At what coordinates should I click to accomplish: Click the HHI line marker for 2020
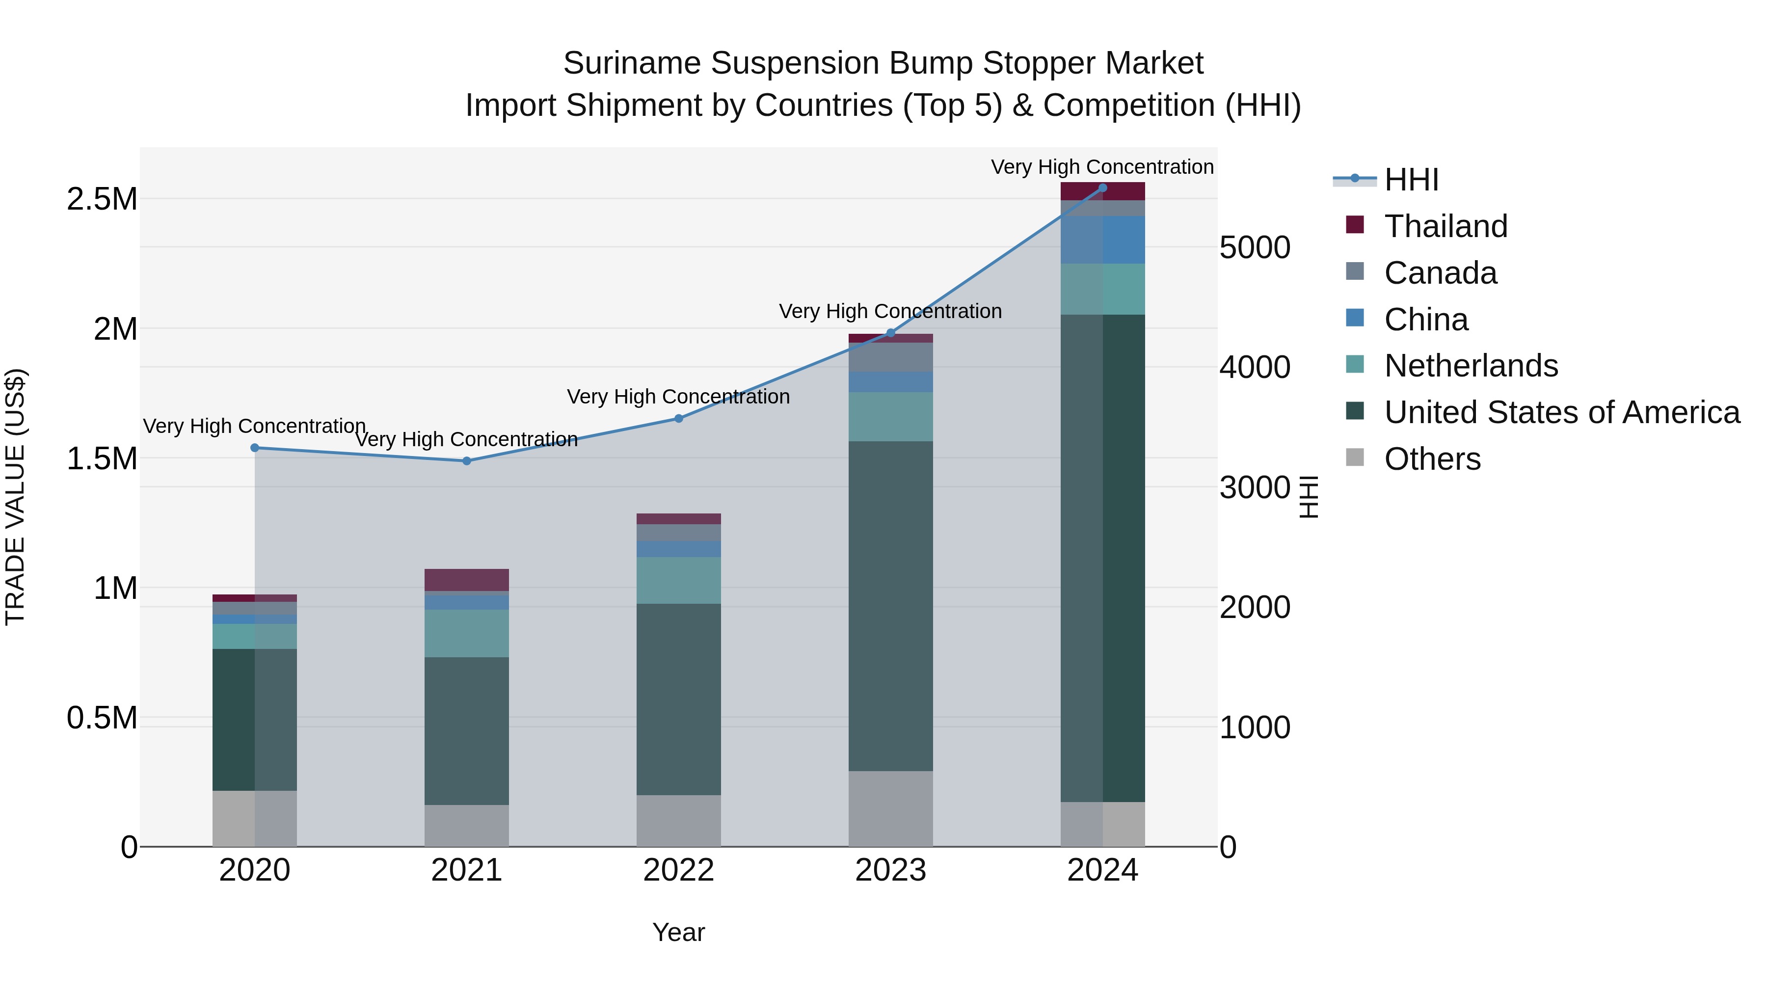(x=254, y=448)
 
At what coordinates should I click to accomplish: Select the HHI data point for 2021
(x=466, y=461)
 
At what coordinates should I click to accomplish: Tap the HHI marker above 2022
(x=678, y=418)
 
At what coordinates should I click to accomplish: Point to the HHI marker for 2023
(x=890, y=333)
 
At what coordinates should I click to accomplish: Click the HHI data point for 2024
(x=1102, y=188)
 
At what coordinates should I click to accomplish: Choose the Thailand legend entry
(x=1446, y=226)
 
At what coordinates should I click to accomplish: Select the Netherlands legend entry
(x=1471, y=366)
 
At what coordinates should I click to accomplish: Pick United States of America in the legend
(x=1561, y=412)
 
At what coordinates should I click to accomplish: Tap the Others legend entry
(x=1432, y=459)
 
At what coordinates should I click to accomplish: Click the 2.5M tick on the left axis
(x=102, y=200)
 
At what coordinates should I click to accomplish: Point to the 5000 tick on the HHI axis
(x=1255, y=248)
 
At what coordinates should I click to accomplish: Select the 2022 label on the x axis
(x=678, y=870)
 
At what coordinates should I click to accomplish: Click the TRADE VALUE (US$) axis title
(x=15, y=497)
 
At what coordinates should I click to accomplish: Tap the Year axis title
(x=678, y=932)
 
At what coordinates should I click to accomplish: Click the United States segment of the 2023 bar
(x=890, y=606)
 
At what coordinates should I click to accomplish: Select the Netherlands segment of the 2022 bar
(x=678, y=580)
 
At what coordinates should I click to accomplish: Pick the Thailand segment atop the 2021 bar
(x=466, y=580)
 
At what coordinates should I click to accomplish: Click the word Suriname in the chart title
(x=633, y=64)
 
